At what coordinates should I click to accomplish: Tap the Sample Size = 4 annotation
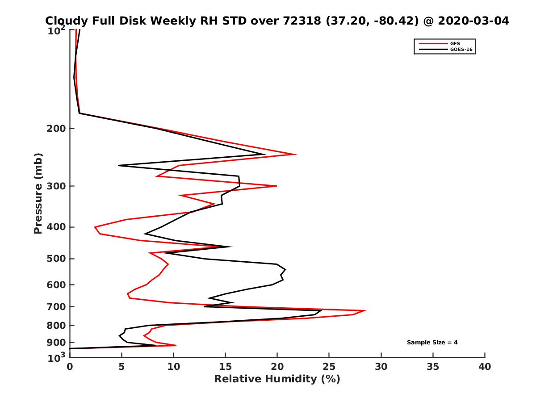[x=432, y=343]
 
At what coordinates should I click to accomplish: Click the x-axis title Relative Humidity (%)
[x=277, y=379]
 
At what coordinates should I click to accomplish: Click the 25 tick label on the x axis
[x=329, y=367]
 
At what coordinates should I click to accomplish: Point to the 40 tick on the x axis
[x=485, y=367]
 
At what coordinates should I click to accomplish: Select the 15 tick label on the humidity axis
[x=225, y=367]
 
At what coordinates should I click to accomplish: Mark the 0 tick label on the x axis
[x=70, y=367]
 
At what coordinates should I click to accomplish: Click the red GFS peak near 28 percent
[x=366, y=310]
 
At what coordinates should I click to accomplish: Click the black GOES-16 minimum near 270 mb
[x=119, y=166]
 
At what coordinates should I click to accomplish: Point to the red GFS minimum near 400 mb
[x=95, y=227]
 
